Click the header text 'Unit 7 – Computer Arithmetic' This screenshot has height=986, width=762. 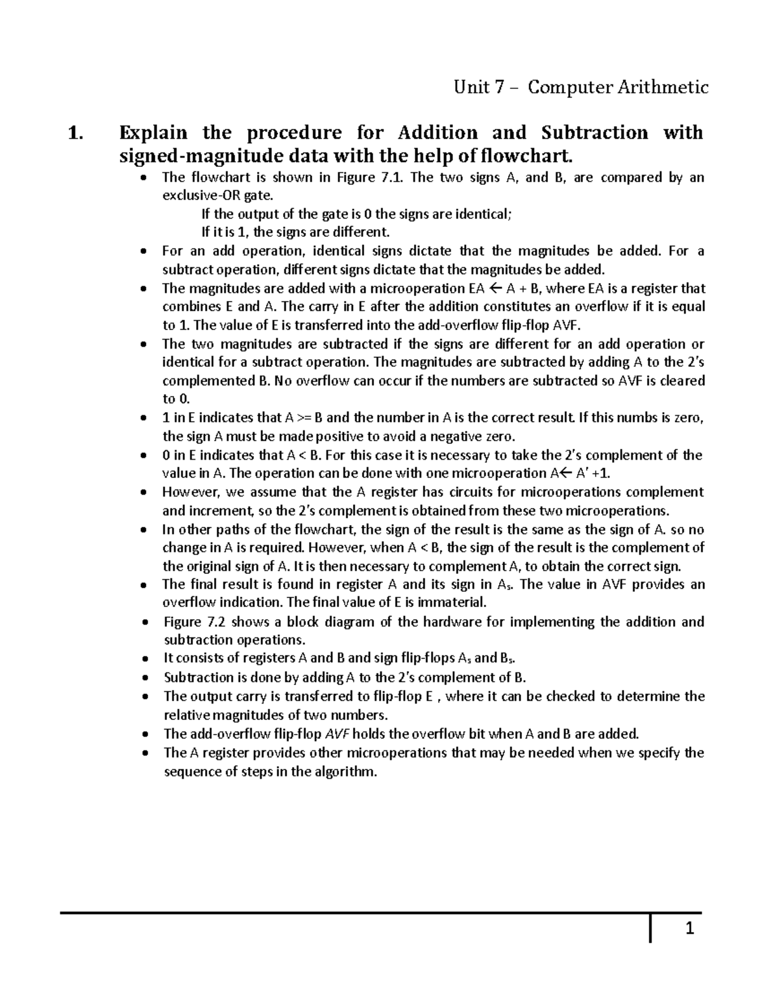pos(580,87)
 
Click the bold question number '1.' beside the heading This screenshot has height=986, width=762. pos(75,133)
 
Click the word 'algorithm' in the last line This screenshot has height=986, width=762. pos(342,772)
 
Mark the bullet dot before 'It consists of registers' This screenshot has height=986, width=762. pos(145,659)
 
